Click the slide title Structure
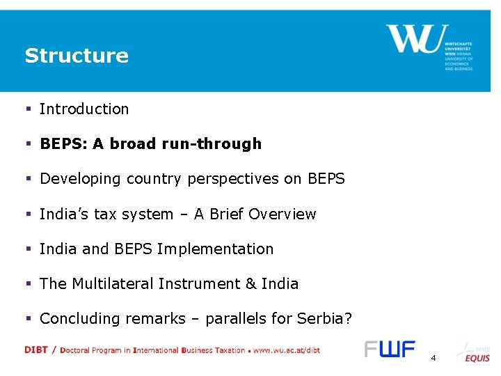tap(77, 56)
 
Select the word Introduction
tap(84, 109)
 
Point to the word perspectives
tap(238, 179)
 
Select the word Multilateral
tap(113, 284)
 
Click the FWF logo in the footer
tap(390, 349)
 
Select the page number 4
tap(434, 358)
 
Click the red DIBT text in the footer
tap(36, 350)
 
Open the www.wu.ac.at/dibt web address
tap(286, 350)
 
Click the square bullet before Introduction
tap(29, 109)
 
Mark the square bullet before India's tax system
tap(29, 214)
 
